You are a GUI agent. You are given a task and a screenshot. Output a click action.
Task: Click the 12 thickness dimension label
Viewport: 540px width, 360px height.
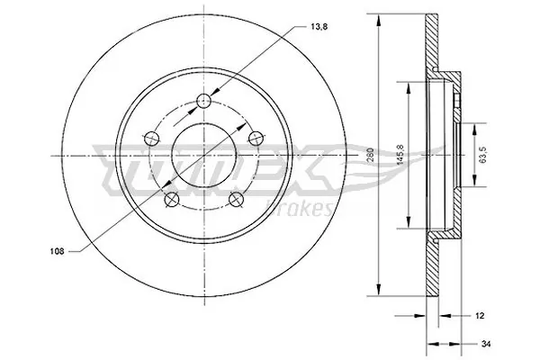tap(479, 316)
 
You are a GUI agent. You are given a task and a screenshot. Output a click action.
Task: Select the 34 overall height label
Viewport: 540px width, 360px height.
tap(487, 343)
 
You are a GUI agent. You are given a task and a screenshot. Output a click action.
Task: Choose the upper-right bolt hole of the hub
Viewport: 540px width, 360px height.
tap(256, 137)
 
